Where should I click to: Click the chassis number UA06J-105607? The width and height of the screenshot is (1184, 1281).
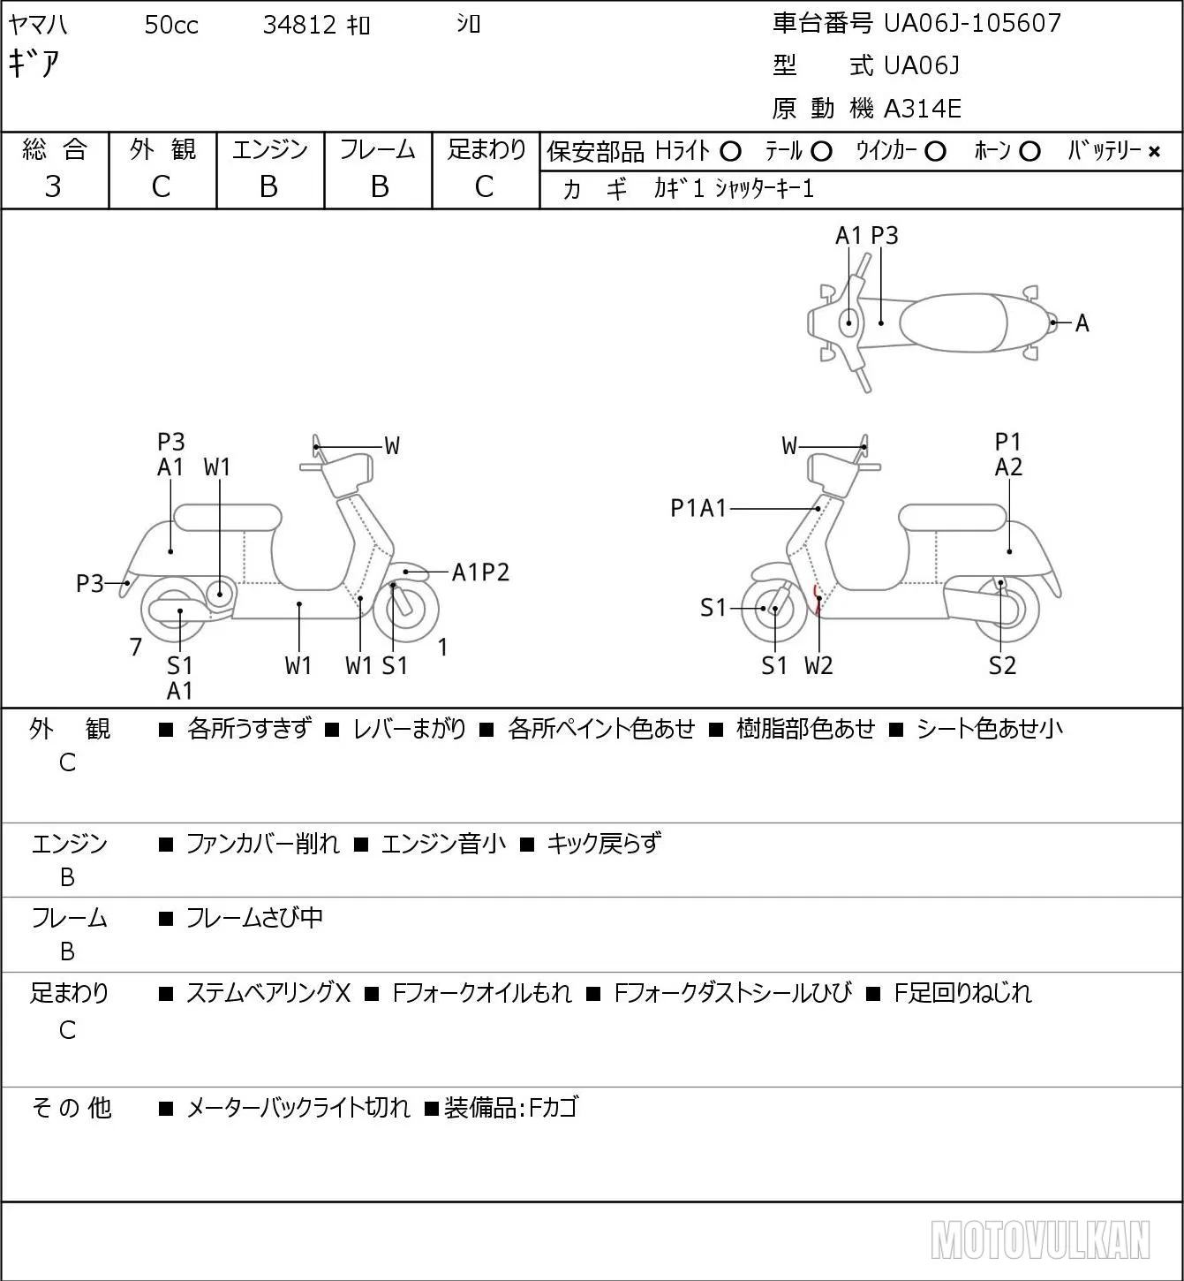click(972, 23)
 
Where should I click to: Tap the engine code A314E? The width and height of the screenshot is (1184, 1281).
click(922, 109)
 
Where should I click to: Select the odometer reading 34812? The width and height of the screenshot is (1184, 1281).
click(299, 25)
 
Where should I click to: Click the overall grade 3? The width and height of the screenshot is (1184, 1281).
click(53, 186)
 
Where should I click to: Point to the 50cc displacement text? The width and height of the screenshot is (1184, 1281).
click(171, 25)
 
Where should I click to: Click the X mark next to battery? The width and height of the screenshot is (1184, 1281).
click(1154, 152)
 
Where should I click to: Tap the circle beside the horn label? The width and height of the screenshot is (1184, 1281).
click(1029, 152)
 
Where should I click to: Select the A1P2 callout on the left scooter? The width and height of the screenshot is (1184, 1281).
click(480, 572)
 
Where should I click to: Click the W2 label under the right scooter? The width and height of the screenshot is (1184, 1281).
click(818, 665)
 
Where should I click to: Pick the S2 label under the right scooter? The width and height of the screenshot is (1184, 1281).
click(1002, 665)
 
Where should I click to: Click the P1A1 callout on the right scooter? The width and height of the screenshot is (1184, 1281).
click(698, 508)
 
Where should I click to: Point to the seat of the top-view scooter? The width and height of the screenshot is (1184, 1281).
click(954, 322)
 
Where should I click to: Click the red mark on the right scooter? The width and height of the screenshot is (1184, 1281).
click(817, 599)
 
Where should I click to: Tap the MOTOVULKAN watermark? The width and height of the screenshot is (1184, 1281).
click(1040, 1239)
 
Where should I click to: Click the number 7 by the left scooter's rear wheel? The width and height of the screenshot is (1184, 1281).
click(135, 647)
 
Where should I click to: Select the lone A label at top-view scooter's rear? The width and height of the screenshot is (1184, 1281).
click(1082, 323)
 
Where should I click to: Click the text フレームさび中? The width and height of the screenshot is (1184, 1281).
click(254, 917)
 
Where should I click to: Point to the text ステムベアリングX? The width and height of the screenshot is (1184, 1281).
click(268, 993)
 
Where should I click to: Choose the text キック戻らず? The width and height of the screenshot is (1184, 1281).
click(604, 843)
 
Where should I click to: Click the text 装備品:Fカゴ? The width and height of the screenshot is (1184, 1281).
click(510, 1108)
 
